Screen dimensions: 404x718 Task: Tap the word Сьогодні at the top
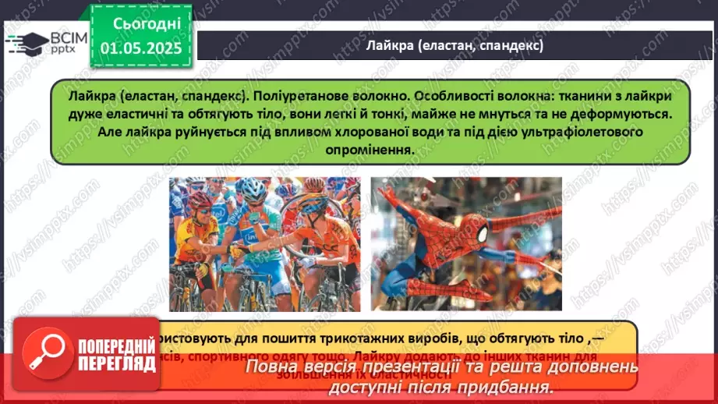click(147, 24)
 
